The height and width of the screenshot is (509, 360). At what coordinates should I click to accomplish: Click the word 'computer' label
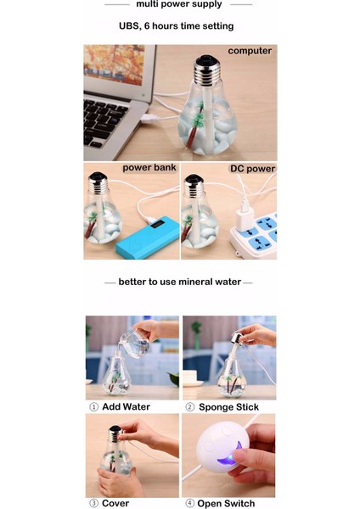tap(250, 51)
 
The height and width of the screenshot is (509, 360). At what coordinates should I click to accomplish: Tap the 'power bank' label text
tap(149, 168)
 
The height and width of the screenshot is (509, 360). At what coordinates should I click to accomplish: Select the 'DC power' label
tap(252, 169)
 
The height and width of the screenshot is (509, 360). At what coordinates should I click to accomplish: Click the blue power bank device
tap(148, 238)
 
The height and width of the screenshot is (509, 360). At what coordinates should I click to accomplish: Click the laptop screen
tap(114, 65)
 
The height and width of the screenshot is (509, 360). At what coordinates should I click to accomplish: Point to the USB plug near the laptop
tap(149, 119)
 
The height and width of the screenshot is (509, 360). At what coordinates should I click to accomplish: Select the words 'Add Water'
tap(126, 406)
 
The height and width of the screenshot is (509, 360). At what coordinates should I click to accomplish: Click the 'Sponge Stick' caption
tap(228, 407)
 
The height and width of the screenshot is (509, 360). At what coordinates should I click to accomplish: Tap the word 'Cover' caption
tap(115, 503)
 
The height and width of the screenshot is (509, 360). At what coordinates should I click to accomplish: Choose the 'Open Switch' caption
tap(226, 503)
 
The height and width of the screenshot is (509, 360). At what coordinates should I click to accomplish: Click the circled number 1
tap(93, 407)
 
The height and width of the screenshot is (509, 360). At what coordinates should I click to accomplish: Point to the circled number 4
tap(189, 503)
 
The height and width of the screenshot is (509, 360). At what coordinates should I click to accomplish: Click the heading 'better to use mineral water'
tap(180, 282)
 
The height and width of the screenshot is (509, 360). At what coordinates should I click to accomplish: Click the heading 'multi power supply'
tap(179, 4)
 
